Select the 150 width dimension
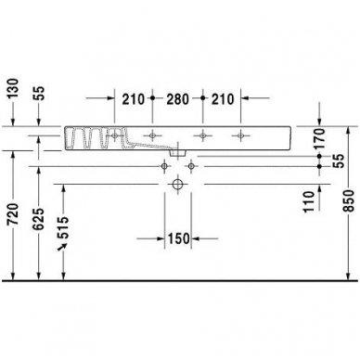point(178,238)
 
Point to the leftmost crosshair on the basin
point(115,137)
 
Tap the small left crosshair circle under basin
point(164,166)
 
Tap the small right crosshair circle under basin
point(192,166)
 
